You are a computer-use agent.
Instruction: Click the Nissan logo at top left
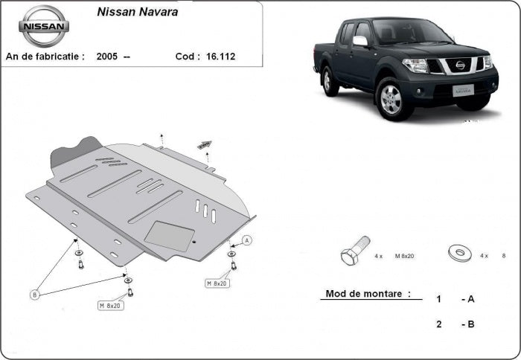click(x=43, y=26)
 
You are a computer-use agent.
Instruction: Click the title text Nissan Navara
click(x=137, y=13)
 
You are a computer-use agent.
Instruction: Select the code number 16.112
click(x=220, y=56)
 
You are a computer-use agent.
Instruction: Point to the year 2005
click(x=106, y=56)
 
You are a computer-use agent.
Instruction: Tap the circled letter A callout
click(x=247, y=240)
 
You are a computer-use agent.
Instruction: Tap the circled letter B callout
click(x=34, y=295)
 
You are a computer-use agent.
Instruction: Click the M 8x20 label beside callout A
click(x=217, y=283)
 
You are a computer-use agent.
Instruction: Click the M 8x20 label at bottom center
click(x=111, y=305)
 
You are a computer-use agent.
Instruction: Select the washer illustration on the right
click(x=459, y=252)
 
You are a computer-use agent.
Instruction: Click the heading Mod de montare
click(x=368, y=294)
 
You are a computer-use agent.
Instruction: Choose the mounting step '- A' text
click(x=468, y=299)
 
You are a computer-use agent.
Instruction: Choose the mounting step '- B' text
click(x=468, y=324)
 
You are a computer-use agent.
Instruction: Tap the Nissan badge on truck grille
click(x=461, y=65)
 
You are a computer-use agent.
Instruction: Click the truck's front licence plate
click(x=463, y=90)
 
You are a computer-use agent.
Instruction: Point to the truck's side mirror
click(x=360, y=41)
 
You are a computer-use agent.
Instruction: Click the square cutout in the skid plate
click(x=169, y=236)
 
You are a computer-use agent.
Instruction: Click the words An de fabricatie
click(x=45, y=56)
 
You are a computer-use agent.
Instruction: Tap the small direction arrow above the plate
click(x=204, y=144)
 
